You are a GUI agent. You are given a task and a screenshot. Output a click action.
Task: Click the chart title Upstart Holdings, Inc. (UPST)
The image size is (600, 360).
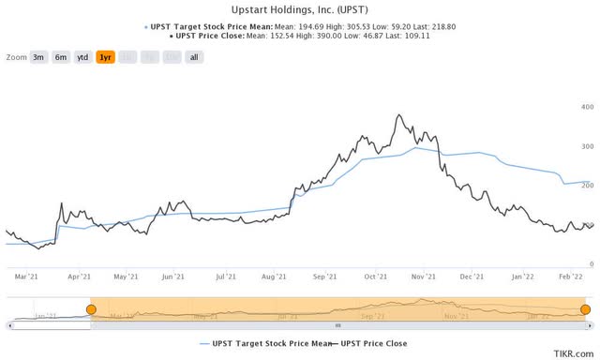pos(300,8)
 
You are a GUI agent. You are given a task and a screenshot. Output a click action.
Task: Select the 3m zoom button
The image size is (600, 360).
pos(39,57)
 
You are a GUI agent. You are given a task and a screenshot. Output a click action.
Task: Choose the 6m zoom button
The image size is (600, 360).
pos(61,57)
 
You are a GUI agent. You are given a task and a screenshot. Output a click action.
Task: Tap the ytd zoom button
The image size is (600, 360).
pos(82,57)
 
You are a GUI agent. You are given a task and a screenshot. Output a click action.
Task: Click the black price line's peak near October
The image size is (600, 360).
pos(400,115)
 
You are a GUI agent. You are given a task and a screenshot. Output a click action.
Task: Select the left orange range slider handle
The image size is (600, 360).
pos(91,308)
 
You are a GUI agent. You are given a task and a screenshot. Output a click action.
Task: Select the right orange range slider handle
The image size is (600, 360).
pos(585,308)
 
